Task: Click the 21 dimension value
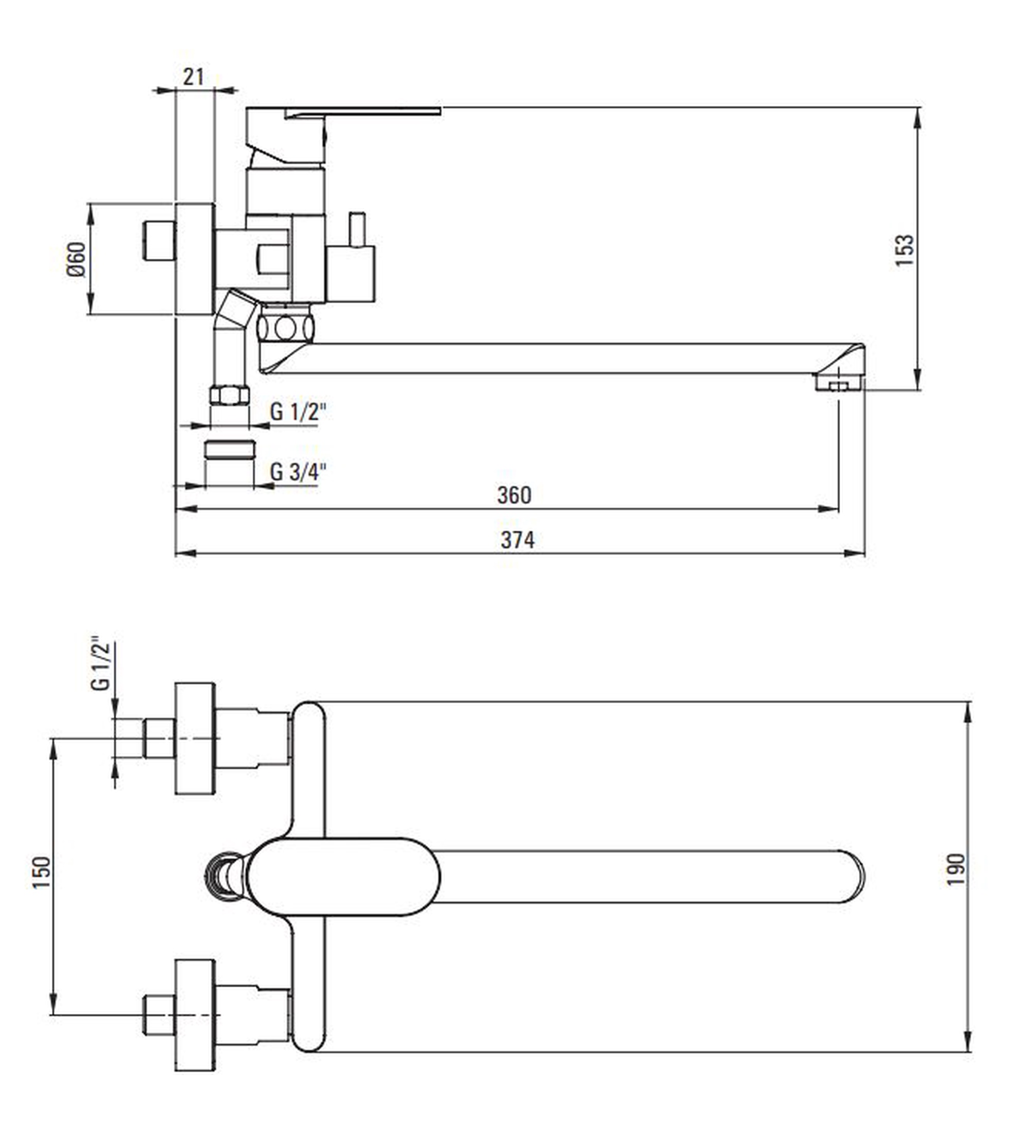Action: [x=193, y=77]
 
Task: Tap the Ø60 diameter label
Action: [x=77, y=259]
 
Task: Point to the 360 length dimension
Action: [x=514, y=495]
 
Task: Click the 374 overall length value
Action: [x=518, y=540]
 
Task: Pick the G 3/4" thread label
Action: [x=297, y=472]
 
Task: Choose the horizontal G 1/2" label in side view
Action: [x=297, y=412]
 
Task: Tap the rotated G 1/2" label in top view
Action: [x=102, y=663]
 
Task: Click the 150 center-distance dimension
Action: [x=42, y=872]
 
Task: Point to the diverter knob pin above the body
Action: [x=356, y=229]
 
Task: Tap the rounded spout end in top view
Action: [x=849, y=877]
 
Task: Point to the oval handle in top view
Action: [x=344, y=877]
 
